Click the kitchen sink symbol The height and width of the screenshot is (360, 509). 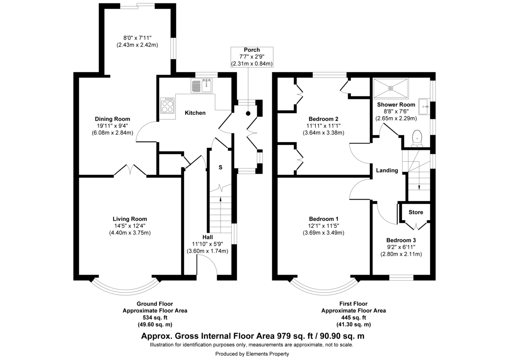click(202, 86)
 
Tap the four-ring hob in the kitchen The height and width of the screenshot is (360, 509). click(168, 105)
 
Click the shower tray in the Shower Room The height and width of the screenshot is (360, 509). click(390, 87)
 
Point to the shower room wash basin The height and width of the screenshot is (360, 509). click(423, 107)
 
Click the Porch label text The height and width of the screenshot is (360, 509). click(252, 50)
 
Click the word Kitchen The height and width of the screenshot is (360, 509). click(195, 113)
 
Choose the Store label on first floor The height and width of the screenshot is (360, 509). click(416, 212)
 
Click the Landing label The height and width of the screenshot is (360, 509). click(387, 171)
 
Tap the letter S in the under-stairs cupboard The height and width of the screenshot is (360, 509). click(220, 167)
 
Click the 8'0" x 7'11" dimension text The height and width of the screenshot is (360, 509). click(137, 37)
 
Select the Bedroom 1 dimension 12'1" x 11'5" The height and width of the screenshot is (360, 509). click(323, 226)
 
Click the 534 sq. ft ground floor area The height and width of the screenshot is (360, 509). click(155, 318)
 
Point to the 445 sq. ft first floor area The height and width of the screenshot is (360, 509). click(353, 318)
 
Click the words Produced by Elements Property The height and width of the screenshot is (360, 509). click(252, 354)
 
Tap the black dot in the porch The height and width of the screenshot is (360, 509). click(248, 113)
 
